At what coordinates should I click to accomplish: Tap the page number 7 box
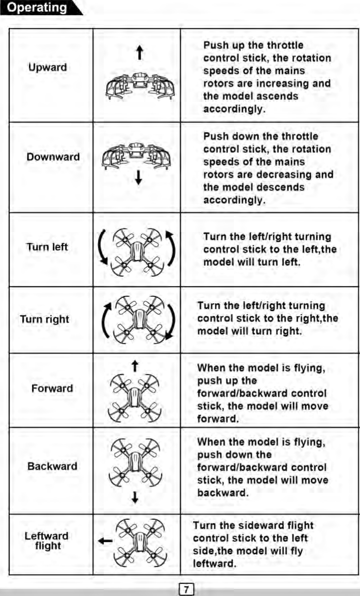pos(186,589)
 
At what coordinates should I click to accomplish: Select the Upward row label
pos(47,68)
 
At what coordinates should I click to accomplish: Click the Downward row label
pos(53,157)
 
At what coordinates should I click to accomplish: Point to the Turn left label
pos(47,247)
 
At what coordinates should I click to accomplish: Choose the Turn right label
pos(45,320)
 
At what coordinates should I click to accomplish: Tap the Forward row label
pos(52,389)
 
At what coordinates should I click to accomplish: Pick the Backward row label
pos(52,466)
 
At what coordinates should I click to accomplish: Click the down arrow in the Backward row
pos(135,496)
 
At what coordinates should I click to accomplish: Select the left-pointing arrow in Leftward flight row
pos(105,542)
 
